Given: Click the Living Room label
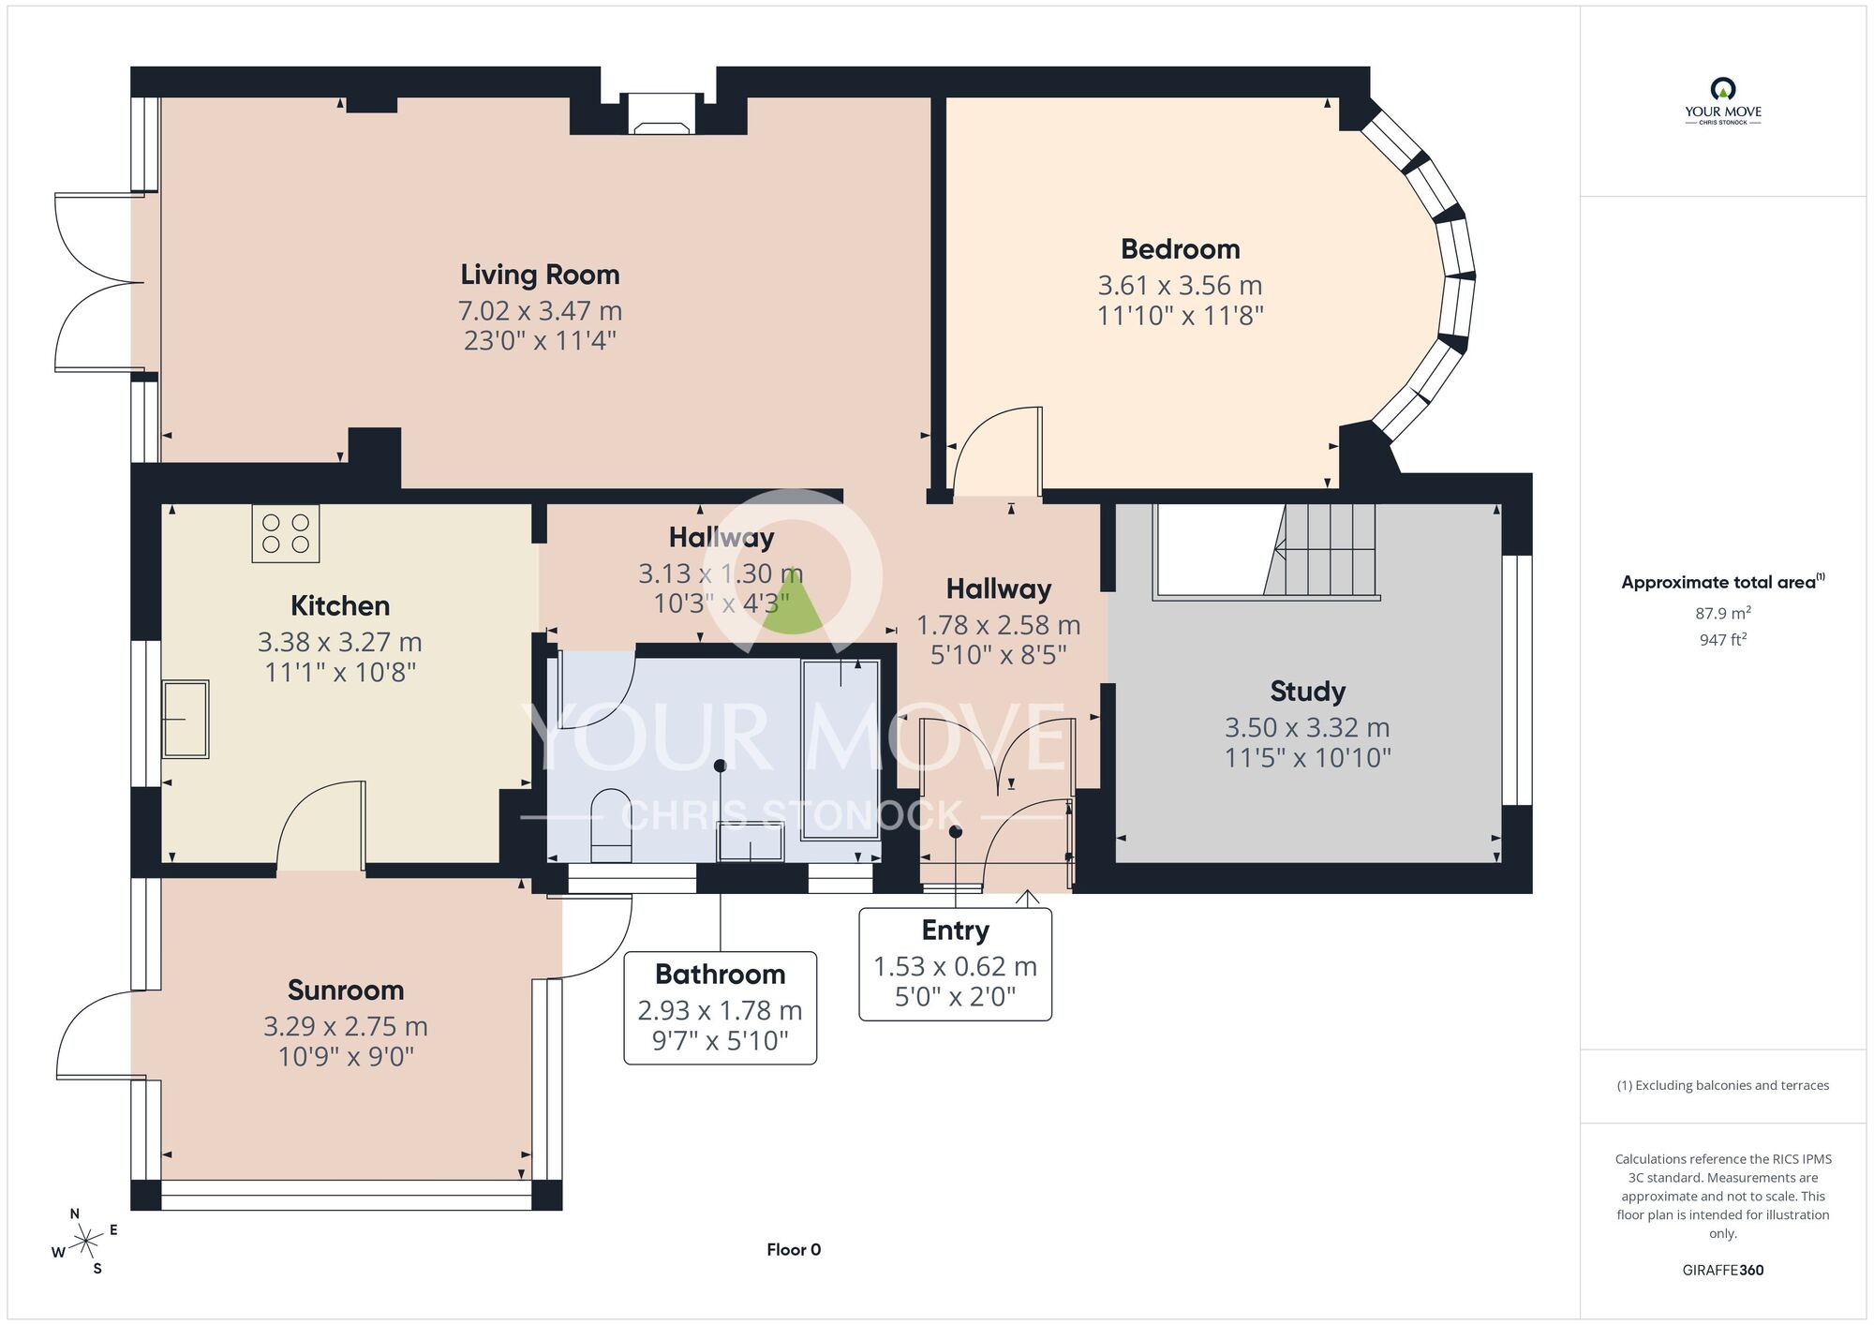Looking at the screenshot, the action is (x=540, y=275).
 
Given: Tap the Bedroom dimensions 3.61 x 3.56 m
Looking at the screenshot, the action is (x=1180, y=285).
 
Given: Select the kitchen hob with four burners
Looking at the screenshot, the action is (x=286, y=533).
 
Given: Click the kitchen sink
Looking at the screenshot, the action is (x=186, y=719).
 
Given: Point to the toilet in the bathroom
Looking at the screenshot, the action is (x=612, y=825).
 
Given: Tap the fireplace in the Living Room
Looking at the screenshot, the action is (x=662, y=113).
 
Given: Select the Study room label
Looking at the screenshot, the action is (x=1308, y=692).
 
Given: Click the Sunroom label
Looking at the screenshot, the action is (x=346, y=990).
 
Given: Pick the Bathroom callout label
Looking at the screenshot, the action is (x=721, y=975).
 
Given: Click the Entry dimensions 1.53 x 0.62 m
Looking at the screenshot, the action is (x=955, y=966).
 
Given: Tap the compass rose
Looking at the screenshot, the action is (x=85, y=1242).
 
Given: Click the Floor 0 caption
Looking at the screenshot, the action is (x=794, y=1249).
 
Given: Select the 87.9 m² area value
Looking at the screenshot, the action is (x=1723, y=613).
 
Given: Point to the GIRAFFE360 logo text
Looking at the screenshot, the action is (x=1723, y=1271).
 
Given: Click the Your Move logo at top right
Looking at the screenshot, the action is (x=1723, y=101).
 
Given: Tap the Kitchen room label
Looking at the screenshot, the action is (x=340, y=606).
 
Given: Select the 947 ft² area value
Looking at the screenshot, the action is (x=1723, y=640).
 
